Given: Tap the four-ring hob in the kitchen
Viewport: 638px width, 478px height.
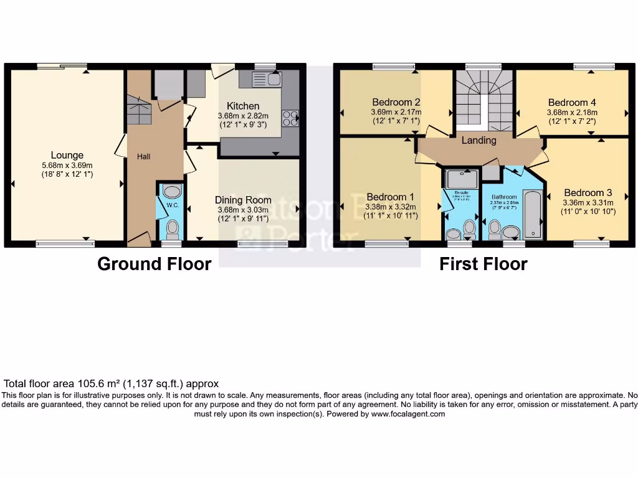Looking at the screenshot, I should point(290,118).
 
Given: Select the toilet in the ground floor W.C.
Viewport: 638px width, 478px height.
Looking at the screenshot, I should point(172,230).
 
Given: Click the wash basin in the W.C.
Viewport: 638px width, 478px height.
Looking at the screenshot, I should point(171,192).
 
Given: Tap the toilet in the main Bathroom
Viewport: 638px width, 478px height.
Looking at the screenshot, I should point(495,230).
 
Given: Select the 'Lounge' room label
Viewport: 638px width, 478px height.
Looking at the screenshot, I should point(67,155).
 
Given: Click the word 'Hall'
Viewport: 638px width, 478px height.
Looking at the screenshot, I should point(144,157).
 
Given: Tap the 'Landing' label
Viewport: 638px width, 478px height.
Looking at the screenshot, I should point(478,141).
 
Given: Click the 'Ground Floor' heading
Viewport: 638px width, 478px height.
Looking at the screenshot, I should point(154,264).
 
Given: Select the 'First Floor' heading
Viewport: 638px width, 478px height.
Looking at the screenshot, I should point(483,264).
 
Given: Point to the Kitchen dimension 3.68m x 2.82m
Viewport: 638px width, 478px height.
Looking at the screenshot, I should point(243,116).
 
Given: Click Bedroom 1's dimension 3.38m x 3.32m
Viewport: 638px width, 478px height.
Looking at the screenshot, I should point(391,207).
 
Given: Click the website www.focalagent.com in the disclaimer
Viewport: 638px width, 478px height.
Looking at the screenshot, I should point(408,414).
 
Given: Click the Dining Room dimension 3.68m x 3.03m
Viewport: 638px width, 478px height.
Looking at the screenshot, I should point(243,210).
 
